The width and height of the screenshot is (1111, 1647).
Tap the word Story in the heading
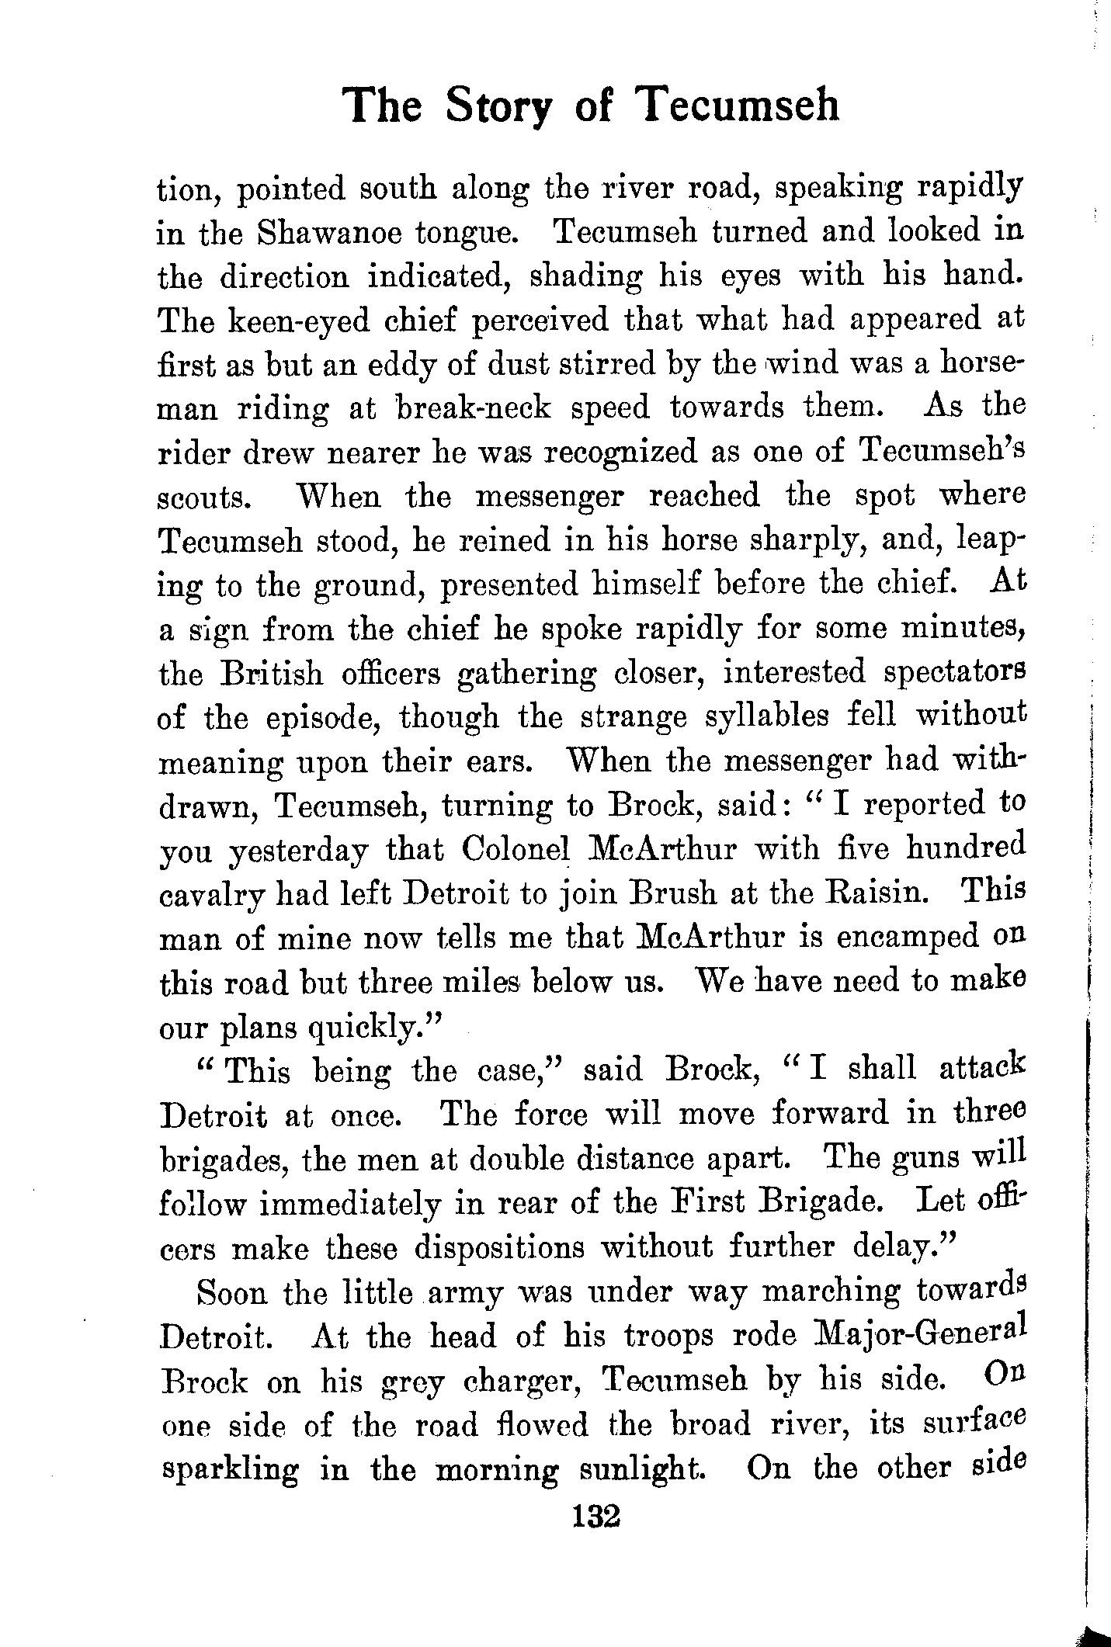498,106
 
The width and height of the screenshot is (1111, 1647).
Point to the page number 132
595,1514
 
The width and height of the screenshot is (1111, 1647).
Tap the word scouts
204,497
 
